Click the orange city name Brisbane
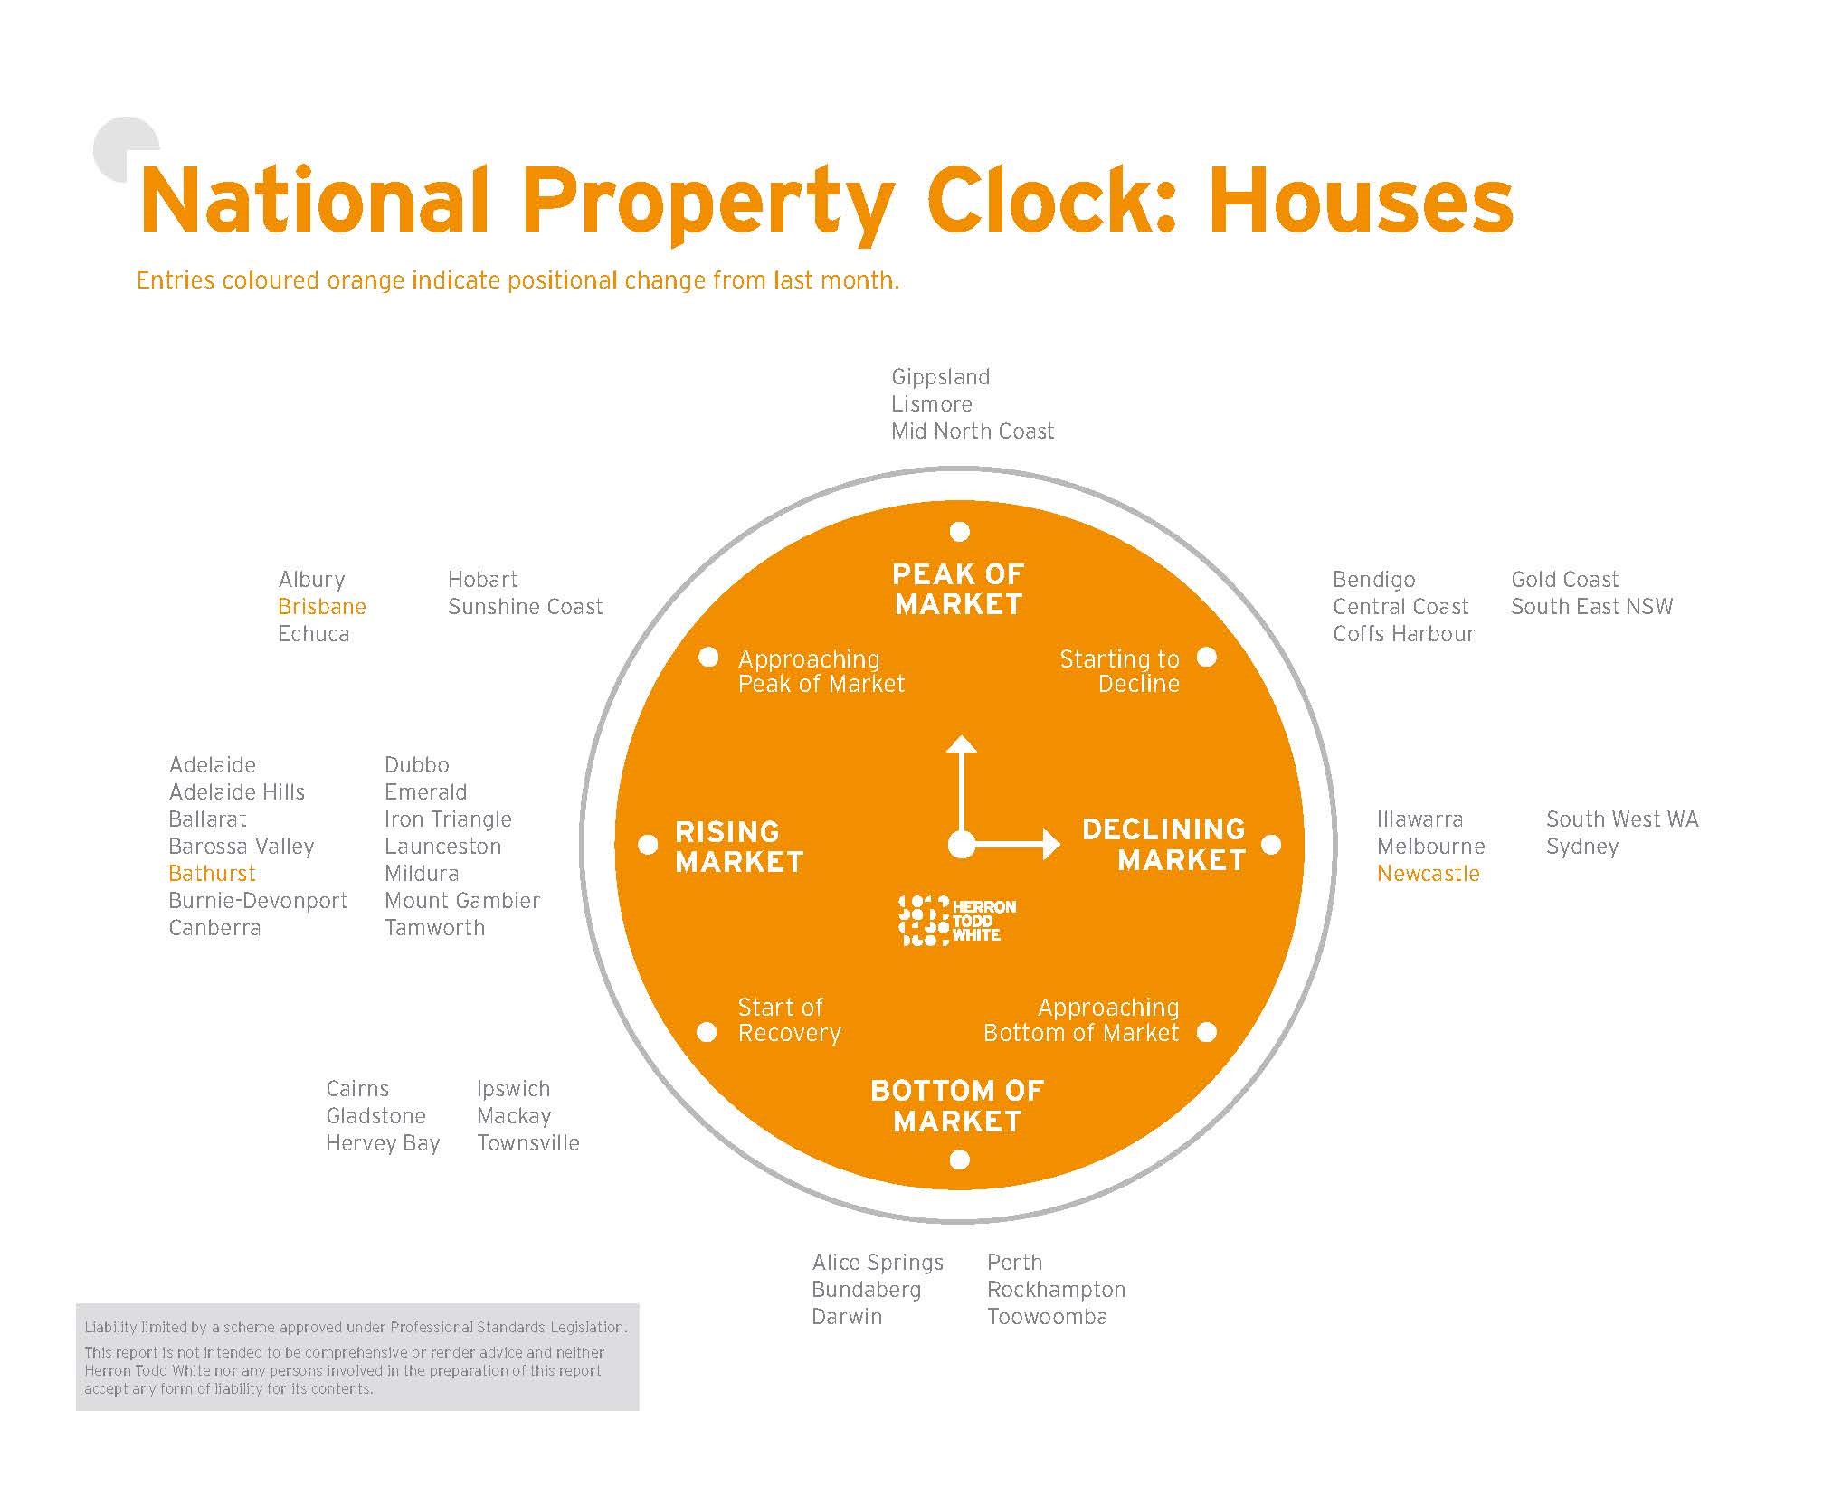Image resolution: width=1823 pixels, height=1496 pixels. pos(322,606)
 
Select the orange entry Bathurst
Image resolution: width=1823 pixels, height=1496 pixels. pos(212,873)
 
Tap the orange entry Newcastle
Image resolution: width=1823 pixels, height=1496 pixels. pos(1428,873)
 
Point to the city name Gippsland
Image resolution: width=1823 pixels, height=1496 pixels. pos(940,376)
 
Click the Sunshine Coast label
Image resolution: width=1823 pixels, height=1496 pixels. pos(525,606)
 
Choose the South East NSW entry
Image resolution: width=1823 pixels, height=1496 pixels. pos(1591,606)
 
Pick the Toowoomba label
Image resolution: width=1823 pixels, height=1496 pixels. pos(1047,1316)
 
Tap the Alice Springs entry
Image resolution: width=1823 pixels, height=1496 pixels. pos(878,1262)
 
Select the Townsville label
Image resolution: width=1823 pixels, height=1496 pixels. pos(527,1142)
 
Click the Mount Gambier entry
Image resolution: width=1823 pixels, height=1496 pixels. pos(461,900)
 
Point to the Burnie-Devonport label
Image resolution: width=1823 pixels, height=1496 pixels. pos(258,900)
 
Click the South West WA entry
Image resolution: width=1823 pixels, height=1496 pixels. pos(1621,819)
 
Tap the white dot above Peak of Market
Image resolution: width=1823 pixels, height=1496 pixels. pos(960,531)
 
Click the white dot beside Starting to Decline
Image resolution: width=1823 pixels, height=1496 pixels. pos(1207,658)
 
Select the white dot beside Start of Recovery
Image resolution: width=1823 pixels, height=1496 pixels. pos(707,1032)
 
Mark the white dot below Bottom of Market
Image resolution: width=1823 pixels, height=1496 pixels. pos(960,1160)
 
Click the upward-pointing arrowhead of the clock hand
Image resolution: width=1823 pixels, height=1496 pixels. pos(961,744)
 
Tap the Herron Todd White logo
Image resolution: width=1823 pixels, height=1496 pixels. pos(956,921)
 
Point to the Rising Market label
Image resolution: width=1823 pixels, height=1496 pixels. pos(739,846)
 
